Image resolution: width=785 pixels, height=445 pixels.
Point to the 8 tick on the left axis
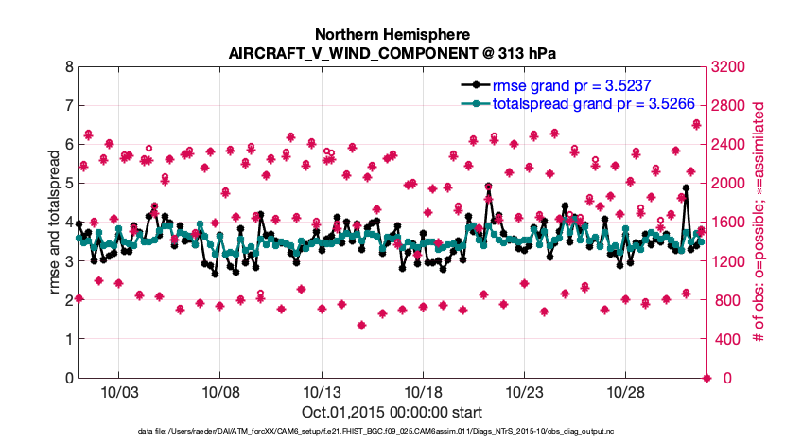click(x=69, y=67)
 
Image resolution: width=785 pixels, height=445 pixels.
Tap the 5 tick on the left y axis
click(x=69, y=184)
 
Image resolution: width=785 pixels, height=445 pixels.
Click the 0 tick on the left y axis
click(x=69, y=378)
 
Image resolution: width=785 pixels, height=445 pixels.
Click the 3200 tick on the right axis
click(x=728, y=67)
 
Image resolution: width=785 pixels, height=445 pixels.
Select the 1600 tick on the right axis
click(x=728, y=222)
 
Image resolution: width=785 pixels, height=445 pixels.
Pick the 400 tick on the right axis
click(x=725, y=339)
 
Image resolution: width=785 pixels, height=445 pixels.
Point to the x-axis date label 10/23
click(x=524, y=392)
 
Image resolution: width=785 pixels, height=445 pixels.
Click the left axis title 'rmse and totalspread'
click(x=55, y=222)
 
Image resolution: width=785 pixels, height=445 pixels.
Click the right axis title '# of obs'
click(x=758, y=222)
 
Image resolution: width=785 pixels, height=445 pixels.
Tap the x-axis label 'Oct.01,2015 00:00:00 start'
click(x=392, y=412)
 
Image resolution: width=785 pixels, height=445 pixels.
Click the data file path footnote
click(x=392, y=432)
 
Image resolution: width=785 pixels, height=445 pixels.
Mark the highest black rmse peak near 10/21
click(x=489, y=188)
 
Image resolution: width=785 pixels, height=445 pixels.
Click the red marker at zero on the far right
click(x=706, y=379)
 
